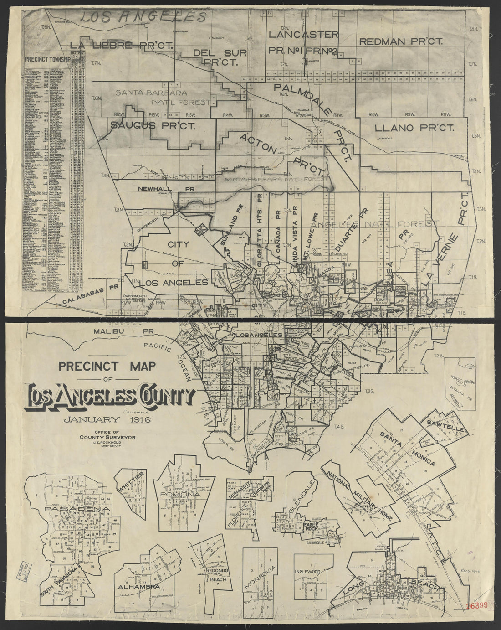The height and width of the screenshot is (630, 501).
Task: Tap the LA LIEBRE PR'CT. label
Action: pyautogui.click(x=116, y=45)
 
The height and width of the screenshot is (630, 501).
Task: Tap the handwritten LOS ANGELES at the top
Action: pyautogui.click(x=141, y=17)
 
